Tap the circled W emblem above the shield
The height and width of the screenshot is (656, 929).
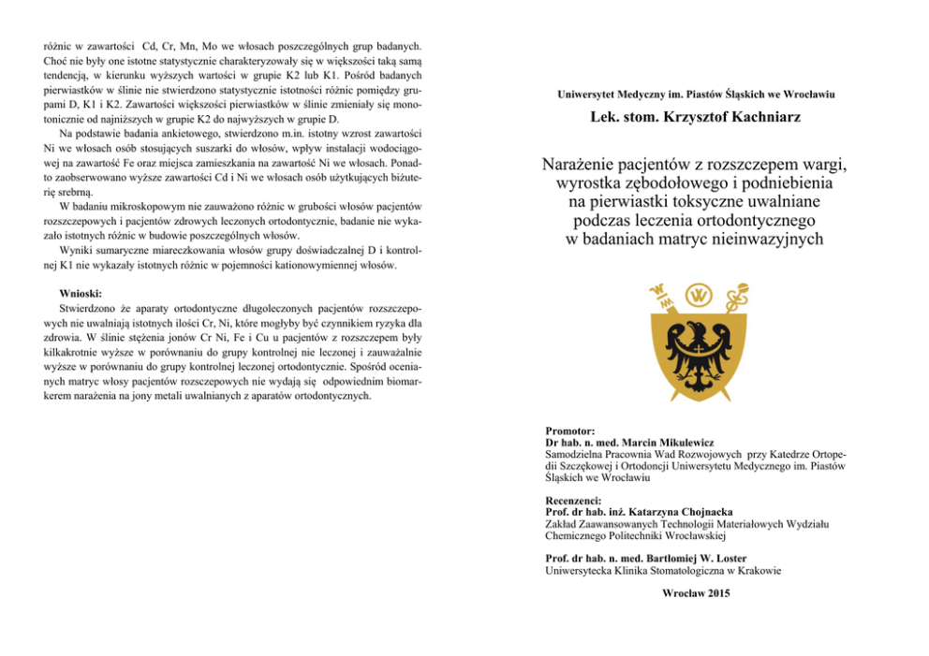696,297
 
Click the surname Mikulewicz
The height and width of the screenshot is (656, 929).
677,442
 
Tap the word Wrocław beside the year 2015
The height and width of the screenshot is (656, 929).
680,593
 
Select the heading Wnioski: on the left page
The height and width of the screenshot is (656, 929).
80,293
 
